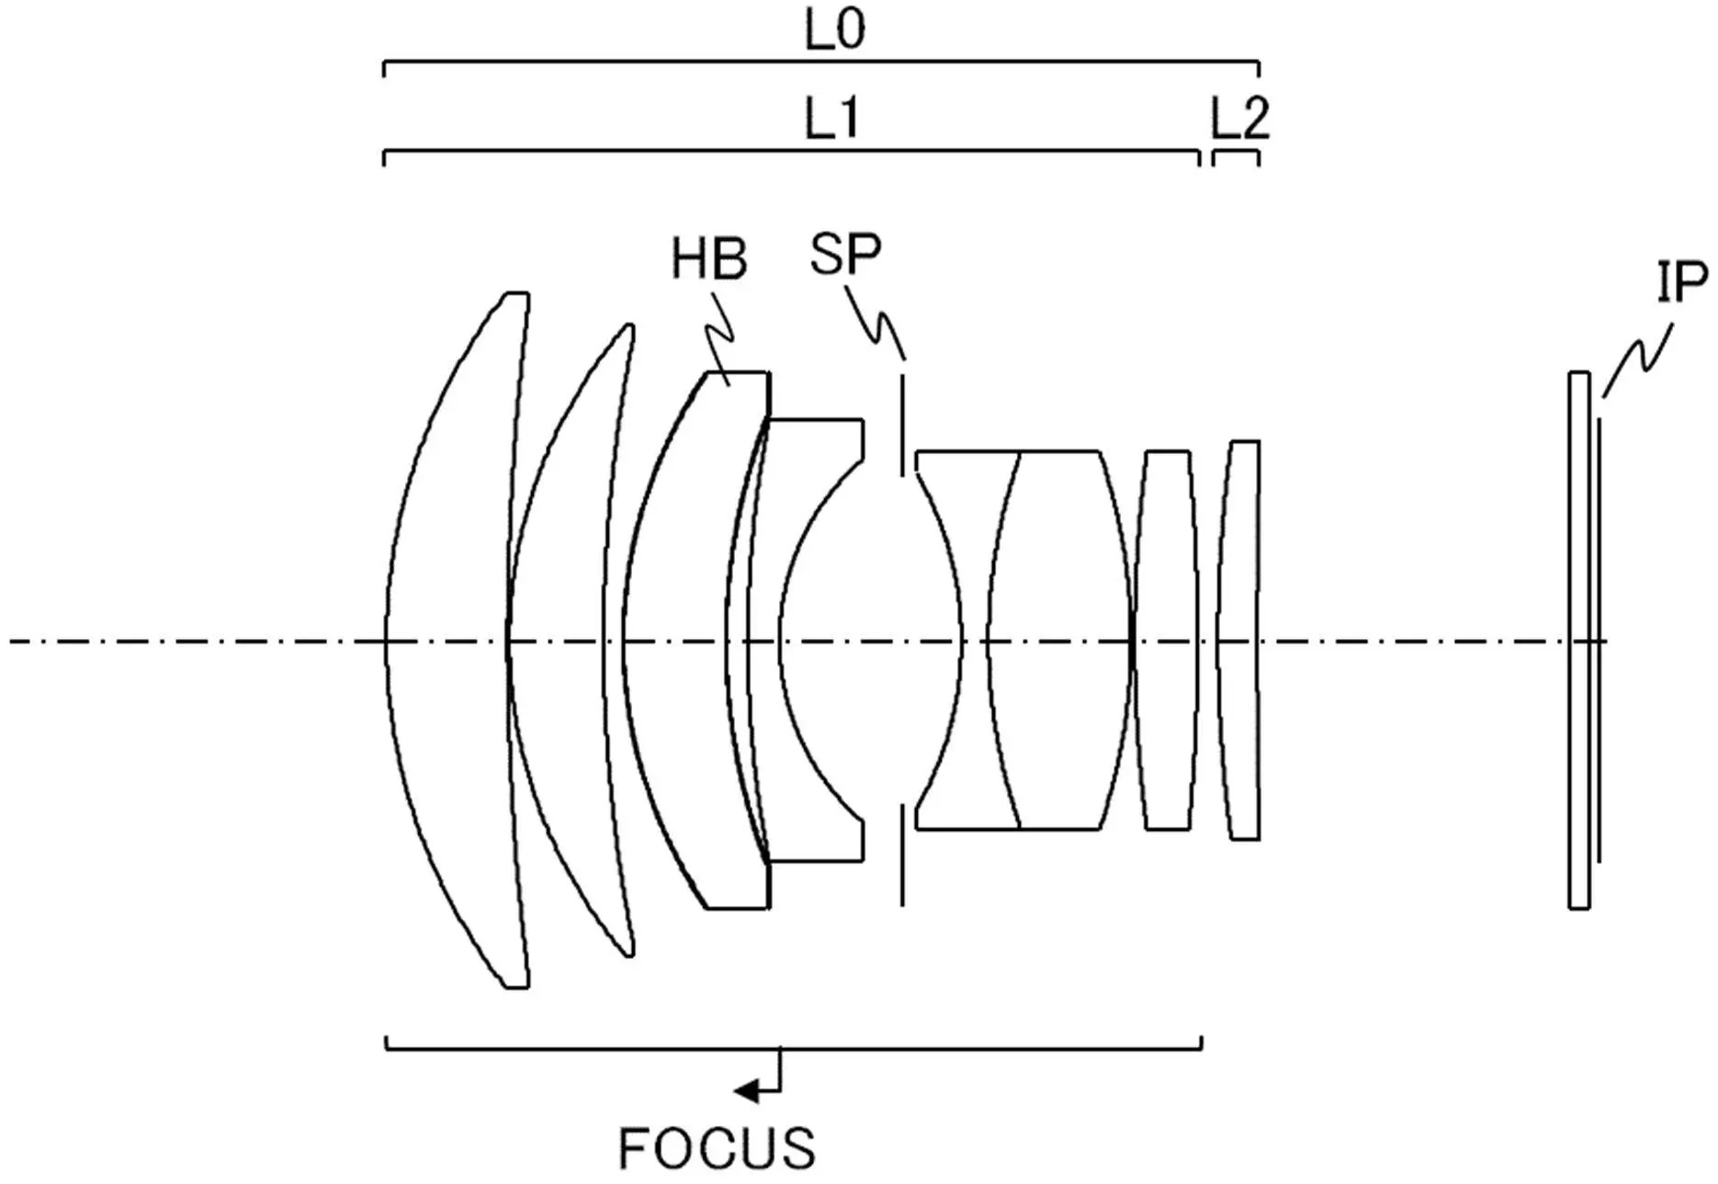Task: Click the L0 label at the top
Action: coord(834,30)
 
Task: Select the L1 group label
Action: coord(832,120)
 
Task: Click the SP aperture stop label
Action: coord(844,254)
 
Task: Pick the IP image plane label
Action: coord(1682,282)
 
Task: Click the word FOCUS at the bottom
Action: coord(717,1148)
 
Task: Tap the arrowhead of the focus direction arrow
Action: coord(746,1091)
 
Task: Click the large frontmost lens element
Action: coord(455,640)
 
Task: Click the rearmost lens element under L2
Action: coord(1238,640)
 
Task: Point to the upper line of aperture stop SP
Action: coord(902,425)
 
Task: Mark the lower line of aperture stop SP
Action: coord(902,855)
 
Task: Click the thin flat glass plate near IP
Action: coord(1578,640)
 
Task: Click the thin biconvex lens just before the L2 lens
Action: coord(1168,640)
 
